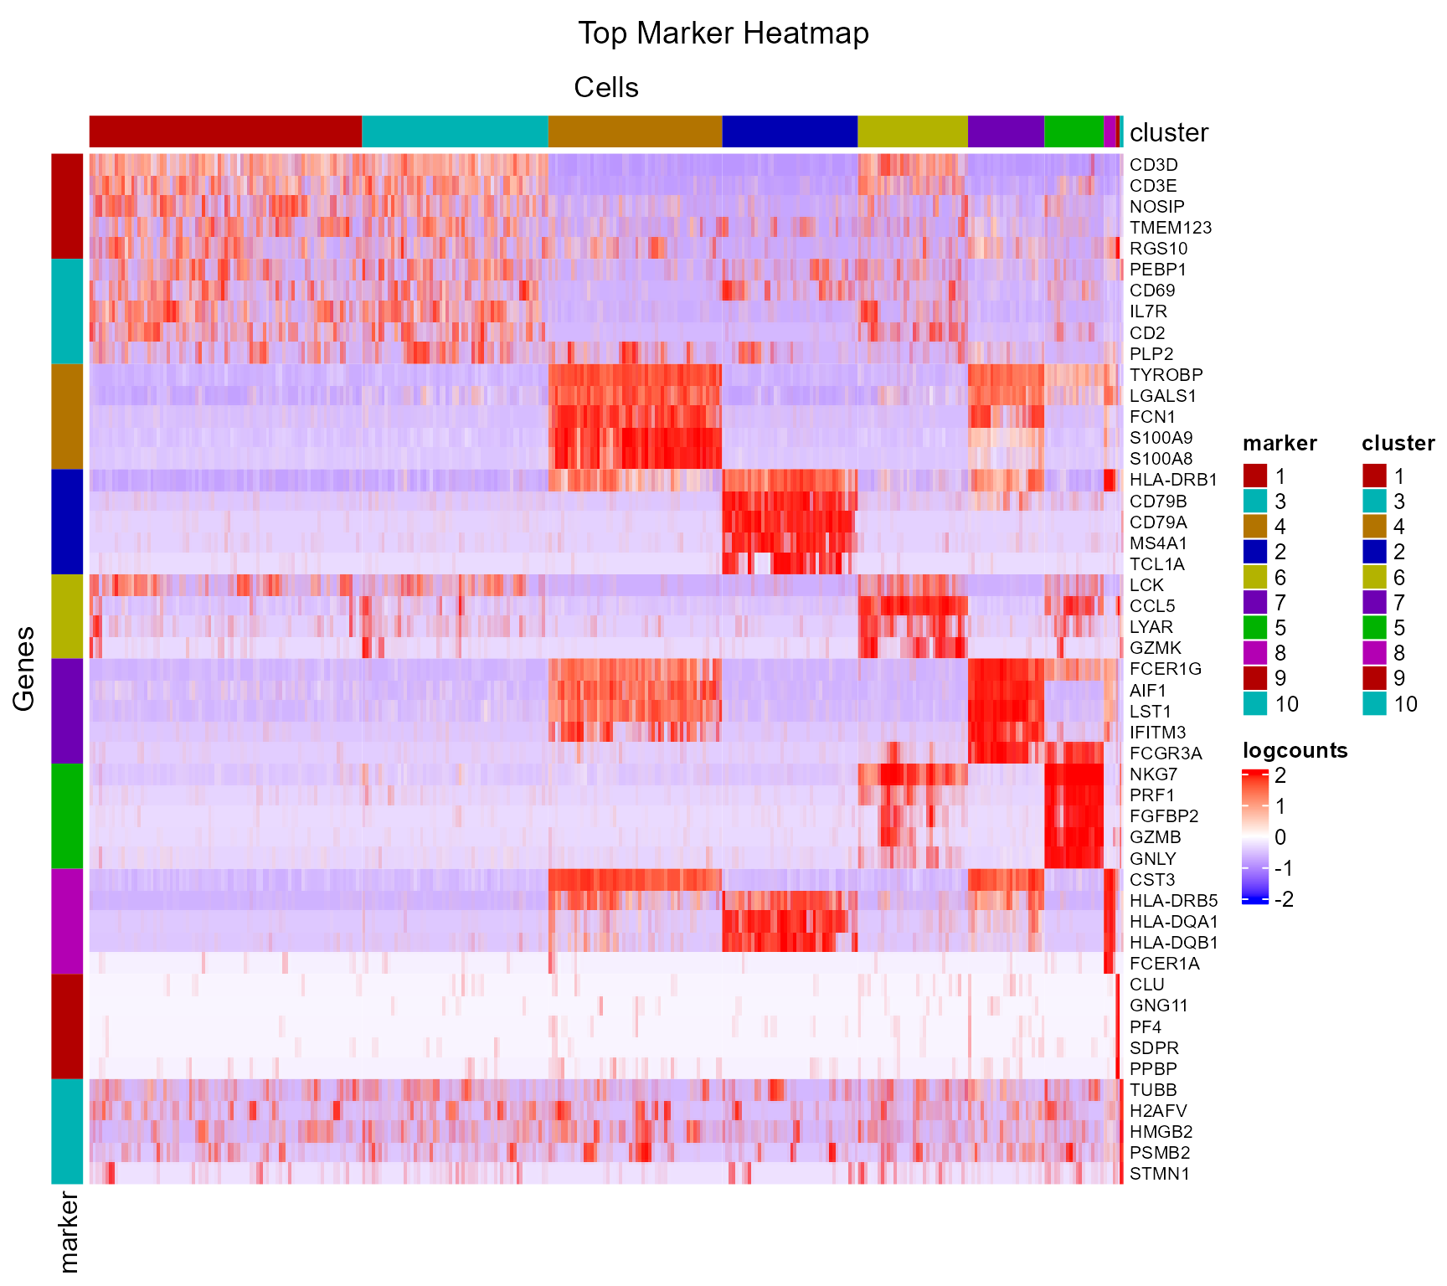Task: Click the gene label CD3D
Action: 1153,165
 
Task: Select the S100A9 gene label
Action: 1161,438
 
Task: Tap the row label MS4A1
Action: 1158,543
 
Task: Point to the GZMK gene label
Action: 1155,648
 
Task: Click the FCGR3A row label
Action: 1166,754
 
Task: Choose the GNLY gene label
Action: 1152,859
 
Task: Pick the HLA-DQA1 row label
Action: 1173,922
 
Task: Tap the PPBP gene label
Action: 1153,1069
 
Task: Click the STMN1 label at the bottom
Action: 1159,1174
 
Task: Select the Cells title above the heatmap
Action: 606,88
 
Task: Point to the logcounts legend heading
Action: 1295,750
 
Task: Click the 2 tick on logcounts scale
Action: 1280,775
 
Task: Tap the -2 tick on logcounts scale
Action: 1283,900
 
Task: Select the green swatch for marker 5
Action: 1254,627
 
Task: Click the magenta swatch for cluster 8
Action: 1374,653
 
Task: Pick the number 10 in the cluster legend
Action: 1405,704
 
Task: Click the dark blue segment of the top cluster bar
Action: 789,131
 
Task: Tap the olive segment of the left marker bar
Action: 67,616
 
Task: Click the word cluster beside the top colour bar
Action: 1168,133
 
